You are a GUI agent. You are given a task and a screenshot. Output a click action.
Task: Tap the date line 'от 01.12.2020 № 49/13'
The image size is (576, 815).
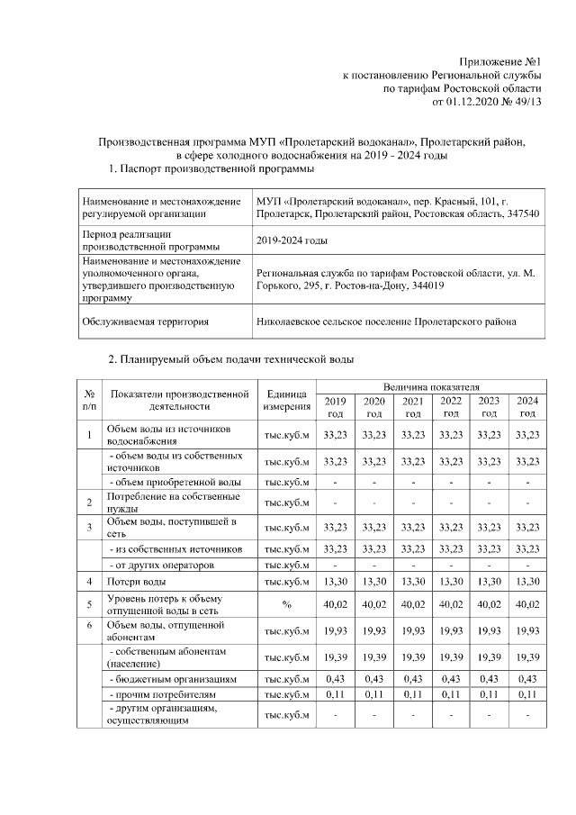tap(487, 102)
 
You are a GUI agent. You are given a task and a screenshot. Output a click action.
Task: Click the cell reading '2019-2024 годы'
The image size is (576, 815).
tap(292, 240)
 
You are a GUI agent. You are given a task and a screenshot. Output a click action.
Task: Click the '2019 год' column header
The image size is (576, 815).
tap(335, 406)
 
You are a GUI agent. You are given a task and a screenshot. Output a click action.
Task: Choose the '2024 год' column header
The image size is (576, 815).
tap(527, 406)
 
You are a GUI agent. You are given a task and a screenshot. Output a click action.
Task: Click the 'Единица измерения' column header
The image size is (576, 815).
tap(286, 400)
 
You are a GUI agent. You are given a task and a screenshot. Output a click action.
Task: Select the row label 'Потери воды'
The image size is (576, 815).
tap(134, 583)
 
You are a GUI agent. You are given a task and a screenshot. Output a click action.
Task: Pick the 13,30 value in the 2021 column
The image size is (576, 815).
tap(412, 583)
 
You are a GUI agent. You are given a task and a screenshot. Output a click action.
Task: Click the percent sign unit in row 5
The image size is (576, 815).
tap(286, 604)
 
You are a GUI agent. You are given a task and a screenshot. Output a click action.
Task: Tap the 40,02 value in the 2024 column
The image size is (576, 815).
tap(527, 604)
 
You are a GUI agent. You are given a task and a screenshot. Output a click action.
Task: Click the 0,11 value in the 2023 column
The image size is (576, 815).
tap(489, 695)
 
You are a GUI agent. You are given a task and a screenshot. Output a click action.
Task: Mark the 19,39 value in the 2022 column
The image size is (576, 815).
tap(451, 657)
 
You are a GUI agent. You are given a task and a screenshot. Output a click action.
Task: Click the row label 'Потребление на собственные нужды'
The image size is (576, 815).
tap(161, 502)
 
